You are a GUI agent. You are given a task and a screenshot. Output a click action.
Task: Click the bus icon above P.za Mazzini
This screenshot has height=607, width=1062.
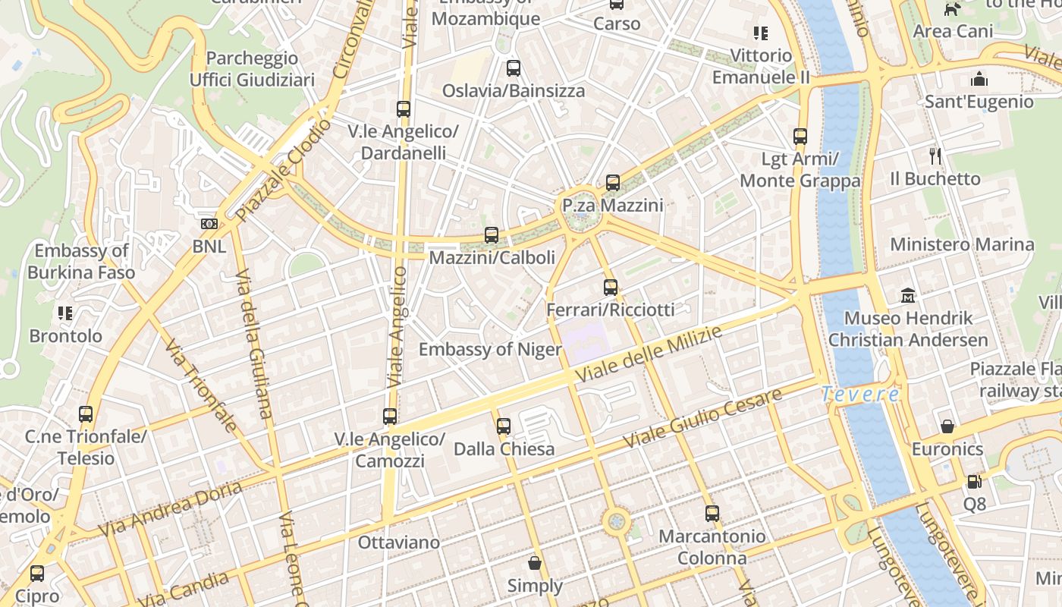(x=612, y=183)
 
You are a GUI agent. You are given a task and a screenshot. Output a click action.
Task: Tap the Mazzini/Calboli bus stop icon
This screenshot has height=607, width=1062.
(x=492, y=235)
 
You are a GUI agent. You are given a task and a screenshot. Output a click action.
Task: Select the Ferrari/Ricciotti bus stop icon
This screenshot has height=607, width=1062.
(x=611, y=288)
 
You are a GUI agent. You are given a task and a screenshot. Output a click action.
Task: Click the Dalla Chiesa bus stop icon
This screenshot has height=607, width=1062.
(x=504, y=426)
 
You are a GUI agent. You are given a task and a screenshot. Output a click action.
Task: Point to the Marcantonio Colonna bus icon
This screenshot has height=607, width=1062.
(x=712, y=514)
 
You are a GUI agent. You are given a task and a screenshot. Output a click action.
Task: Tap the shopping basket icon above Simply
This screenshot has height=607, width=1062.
(x=535, y=563)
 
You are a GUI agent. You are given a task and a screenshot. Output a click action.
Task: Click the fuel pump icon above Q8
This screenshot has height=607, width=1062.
(x=974, y=481)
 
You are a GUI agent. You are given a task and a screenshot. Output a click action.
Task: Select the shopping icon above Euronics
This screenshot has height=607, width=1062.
(x=947, y=426)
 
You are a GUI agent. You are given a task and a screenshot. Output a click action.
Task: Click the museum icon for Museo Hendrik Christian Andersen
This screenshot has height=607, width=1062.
(x=908, y=295)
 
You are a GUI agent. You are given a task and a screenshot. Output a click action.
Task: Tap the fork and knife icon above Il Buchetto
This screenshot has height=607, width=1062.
(x=935, y=156)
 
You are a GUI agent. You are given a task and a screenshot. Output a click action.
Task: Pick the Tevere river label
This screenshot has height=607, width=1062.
(x=862, y=395)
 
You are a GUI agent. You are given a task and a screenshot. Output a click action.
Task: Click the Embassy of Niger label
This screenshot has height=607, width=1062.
(x=490, y=350)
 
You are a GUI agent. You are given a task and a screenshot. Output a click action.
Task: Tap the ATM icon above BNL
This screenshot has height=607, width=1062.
(x=209, y=224)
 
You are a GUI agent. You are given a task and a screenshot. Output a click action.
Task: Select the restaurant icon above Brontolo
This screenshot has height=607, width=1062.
(x=65, y=313)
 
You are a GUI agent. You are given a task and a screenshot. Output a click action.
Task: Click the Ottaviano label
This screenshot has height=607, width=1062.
(x=398, y=543)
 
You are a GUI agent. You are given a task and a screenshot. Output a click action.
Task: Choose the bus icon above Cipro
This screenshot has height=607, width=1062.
(x=37, y=574)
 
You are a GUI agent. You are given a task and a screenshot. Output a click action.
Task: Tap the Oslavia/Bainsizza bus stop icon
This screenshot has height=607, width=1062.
(x=514, y=68)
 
